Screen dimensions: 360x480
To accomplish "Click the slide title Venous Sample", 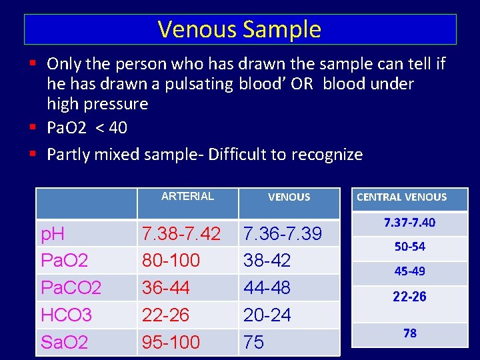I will tap(239, 29).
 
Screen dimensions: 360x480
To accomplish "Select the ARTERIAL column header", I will tap(187, 196).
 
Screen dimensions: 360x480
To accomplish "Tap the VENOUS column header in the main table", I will tap(289, 197).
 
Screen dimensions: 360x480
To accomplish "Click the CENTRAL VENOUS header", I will tap(401, 197).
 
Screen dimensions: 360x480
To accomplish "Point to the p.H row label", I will tap(53, 233).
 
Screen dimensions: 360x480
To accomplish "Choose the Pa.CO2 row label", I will tap(71, 287).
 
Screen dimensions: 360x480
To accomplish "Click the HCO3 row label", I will tap(66, 315).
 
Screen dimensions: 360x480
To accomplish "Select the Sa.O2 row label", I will tap(65, 342).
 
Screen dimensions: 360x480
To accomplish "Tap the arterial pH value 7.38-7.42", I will tap(181, 233).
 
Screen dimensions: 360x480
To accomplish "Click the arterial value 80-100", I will tap(171, 260).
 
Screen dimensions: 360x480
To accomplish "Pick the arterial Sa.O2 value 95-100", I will tap(171, 342).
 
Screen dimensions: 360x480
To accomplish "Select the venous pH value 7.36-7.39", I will tap(283, 233).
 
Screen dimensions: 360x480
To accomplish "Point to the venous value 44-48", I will tap(267, 287).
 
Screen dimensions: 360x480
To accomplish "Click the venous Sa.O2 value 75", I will tap(254, 342).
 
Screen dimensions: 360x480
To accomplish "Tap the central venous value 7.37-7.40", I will tap(409, 223).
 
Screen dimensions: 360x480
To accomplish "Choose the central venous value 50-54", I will tap(409, 247).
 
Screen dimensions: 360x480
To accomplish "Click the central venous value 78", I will tap(409, 333).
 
